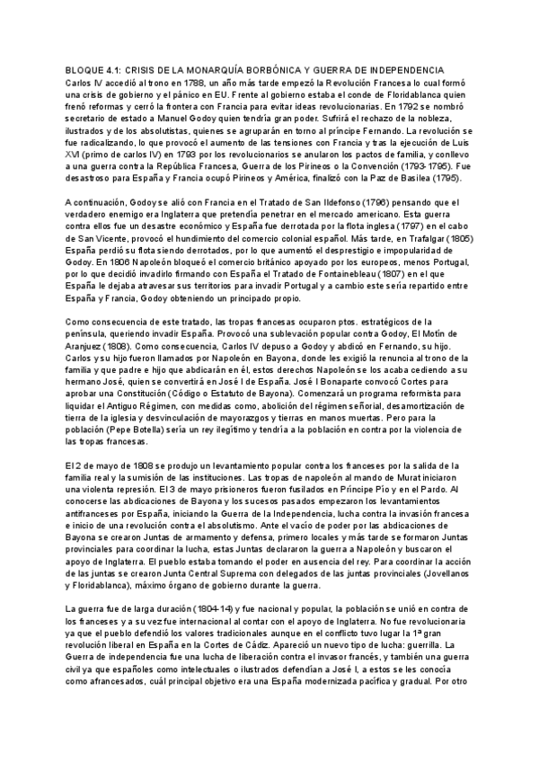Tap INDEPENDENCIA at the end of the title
coord(404,69)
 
